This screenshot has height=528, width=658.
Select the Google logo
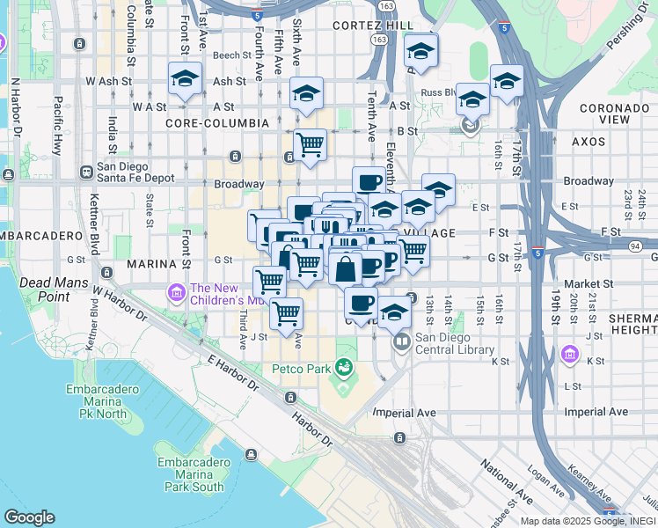pos(29,517)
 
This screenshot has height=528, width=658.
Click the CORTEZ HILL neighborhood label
pos(372,26)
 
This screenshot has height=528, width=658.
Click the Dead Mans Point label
pos(44,290)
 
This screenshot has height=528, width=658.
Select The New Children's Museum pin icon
pos(175,291)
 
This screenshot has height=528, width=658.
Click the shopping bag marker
pos(347,268)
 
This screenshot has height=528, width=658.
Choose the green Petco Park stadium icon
pos(344,366)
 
